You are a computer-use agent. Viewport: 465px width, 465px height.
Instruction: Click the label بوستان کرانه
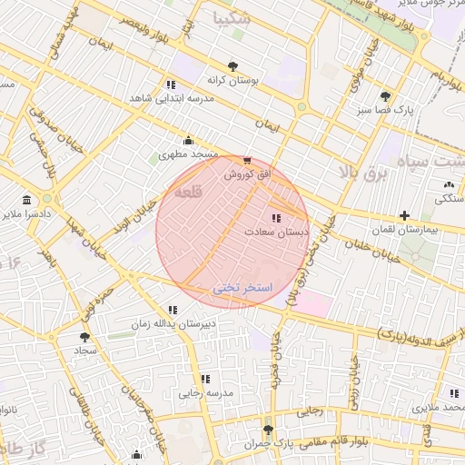pos(232,80)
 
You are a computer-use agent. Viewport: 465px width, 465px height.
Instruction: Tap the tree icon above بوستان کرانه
pos(233,65)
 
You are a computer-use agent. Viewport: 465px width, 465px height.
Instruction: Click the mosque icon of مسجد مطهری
pos(188,140)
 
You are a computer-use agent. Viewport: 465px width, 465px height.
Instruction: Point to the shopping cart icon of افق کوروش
pos(248,161)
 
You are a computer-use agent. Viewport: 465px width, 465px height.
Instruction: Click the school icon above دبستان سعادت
pos(276,218)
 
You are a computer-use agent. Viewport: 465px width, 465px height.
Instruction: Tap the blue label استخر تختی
pos(242,287)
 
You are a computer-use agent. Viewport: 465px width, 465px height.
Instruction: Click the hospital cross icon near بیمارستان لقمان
pos(404,215)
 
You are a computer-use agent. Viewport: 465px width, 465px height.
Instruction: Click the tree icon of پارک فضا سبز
pos(386,95)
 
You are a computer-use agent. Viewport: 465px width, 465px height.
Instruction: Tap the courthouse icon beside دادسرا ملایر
pos(25,200)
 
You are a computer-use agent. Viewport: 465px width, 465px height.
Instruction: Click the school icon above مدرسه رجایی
pos(205,378)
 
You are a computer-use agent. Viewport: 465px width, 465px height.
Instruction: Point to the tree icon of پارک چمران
pos(267,430)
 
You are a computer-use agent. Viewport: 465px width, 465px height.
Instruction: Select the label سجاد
pos(85,351)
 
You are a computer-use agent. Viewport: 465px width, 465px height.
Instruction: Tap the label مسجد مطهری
pos(189,154)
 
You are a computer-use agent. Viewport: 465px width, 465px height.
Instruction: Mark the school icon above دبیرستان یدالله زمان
pos(172,310)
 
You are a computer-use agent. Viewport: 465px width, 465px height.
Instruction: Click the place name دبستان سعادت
pos(276,232)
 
